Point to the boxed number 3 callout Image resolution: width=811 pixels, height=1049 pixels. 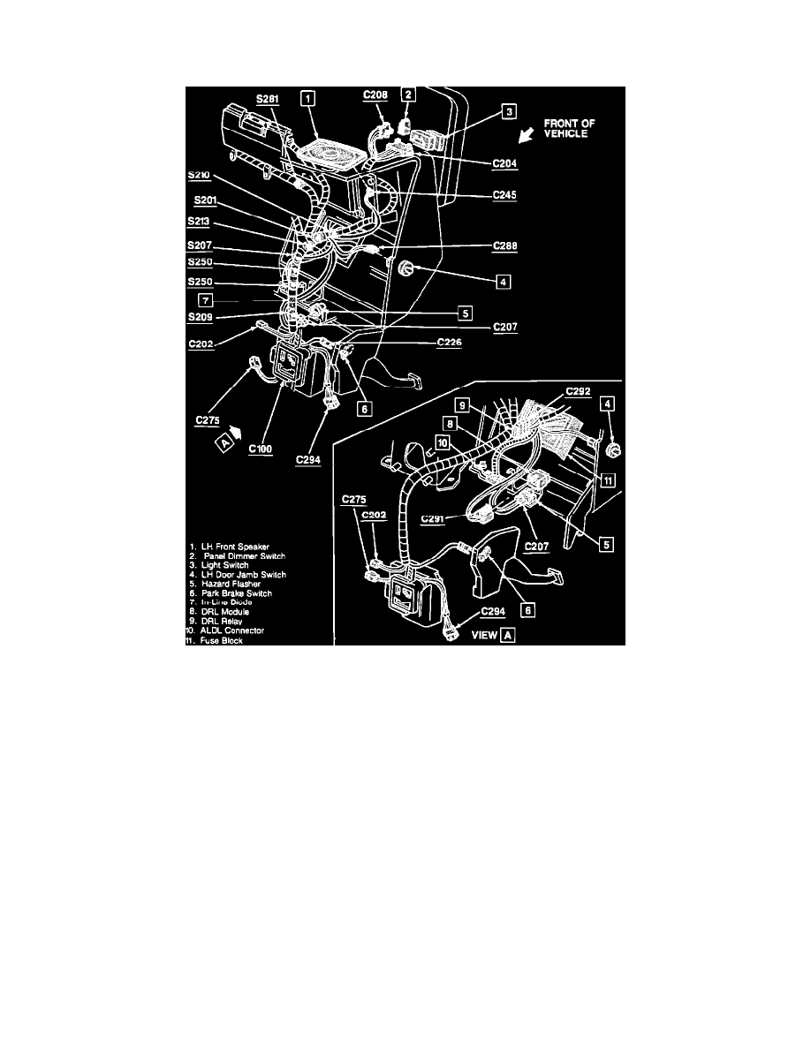click(509, 111)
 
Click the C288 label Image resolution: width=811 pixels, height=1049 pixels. click(504, 249)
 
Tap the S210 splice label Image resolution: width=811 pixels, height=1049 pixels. click(201, 175)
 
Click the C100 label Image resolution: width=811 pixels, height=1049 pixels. click(261, 449)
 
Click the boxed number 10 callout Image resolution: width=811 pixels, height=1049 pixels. click(442, 441)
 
